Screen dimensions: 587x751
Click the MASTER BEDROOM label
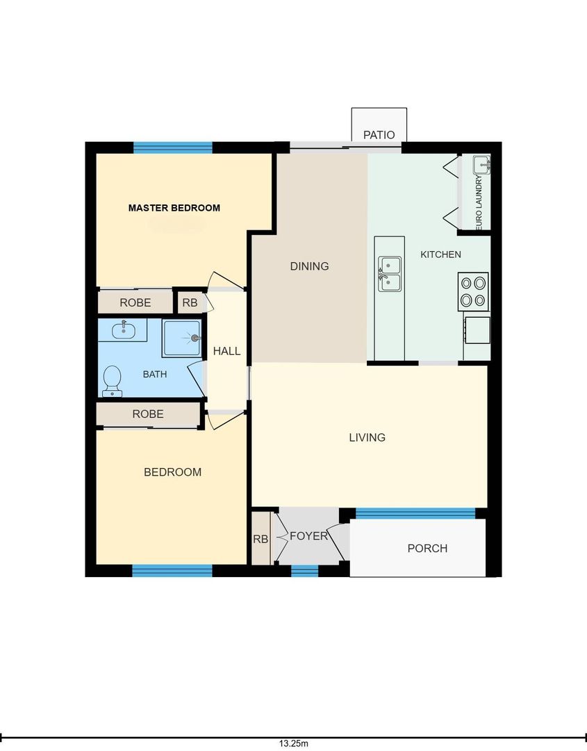(x=174, y=208)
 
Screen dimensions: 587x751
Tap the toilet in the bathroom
(x=112, y=382)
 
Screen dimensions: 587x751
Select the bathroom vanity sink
(x=123, y=330)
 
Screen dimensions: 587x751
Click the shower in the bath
(x=182, y=338)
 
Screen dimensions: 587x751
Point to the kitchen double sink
(x=390, y=274)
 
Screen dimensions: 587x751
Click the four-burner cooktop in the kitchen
(x=473, y=291)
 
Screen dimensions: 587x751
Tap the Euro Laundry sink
(x=481, y=165)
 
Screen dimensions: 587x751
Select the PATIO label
(x=379, y=135)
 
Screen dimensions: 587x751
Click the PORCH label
(x=427, y=549)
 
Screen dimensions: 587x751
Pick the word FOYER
(x=308, y=536)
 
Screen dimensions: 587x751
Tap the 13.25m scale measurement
(x=294, y=744)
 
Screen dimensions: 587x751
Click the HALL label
(x=226, y=351)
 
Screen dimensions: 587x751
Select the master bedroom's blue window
(x=173, y=147)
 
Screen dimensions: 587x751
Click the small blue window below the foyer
(x=305, y=571)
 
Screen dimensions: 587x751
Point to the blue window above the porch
(x=415, y=513)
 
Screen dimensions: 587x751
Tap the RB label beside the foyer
(x=261, y=540)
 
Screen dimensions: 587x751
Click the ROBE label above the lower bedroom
(x=148, y=414)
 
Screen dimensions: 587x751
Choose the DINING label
(x=310, y=266)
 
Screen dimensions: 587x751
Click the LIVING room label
(x=367, y=437)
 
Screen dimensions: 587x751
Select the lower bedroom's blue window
(x=172, y=570)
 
